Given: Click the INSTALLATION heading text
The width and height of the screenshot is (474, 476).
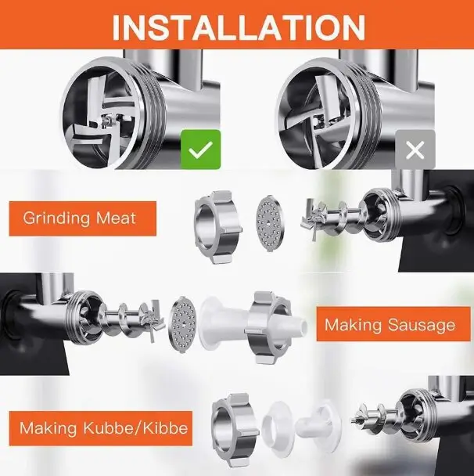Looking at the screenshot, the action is (239, 27).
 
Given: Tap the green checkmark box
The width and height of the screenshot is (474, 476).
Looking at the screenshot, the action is (200, 149).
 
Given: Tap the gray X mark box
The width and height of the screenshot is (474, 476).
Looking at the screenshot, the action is (415, 150).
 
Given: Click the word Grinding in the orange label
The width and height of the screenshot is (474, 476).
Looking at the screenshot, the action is (57, 218).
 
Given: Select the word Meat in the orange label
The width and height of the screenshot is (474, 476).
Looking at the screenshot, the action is (116, 218).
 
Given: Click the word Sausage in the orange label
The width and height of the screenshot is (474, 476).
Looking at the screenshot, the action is (422, 325).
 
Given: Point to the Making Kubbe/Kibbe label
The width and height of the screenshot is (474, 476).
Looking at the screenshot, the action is (103, 428).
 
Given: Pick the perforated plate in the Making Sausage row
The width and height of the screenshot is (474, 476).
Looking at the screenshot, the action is (182, 324).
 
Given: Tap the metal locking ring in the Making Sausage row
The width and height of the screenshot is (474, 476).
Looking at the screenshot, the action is (268, 327).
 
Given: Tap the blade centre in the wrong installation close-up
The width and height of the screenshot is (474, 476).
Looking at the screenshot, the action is (318, 121).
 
